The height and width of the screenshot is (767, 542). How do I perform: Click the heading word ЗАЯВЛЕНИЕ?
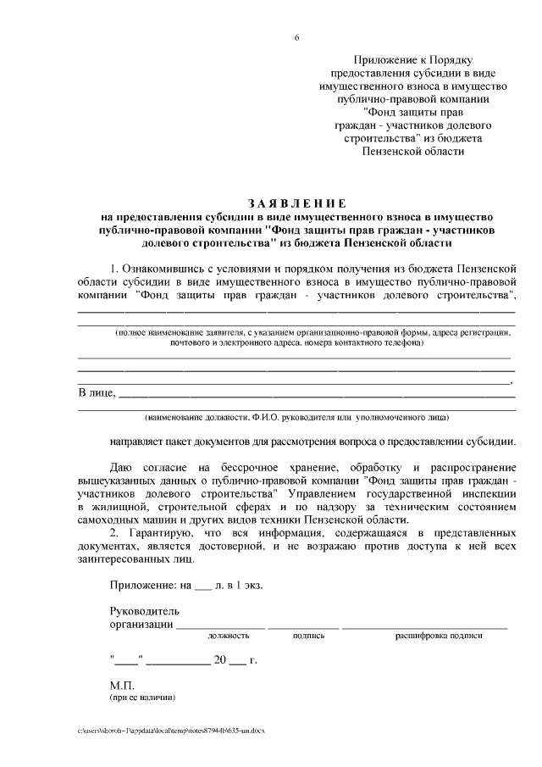coord(296,203)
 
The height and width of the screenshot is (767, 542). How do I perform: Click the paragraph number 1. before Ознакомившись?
coord(116,269)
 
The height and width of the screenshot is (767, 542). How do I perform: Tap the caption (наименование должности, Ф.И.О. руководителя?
coord(296,417)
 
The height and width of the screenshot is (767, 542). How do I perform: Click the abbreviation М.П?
coord(124,685)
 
